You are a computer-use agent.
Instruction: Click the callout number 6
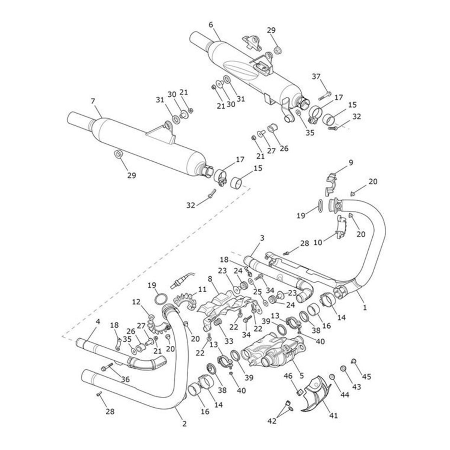click(211, 25)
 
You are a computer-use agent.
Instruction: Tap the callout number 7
click(93, 101)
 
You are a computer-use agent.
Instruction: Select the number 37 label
click(316, 76)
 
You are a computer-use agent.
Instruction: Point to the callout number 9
click(351, 162)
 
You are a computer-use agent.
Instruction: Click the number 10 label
click(318, 243)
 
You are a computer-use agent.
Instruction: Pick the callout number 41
click(334, 415)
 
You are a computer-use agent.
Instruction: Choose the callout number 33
click(229, 341)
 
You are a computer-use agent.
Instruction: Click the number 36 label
click(125, 379)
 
